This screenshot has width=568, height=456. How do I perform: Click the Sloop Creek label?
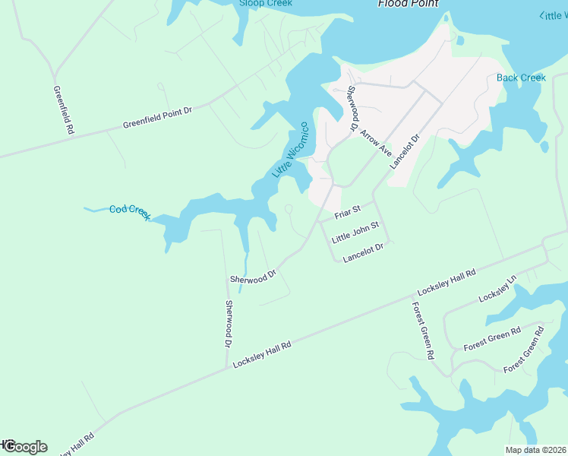point(265,3)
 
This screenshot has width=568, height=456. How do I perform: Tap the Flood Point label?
point(409,4)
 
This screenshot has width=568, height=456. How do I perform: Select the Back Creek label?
point(521,78)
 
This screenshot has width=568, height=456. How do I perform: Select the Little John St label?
point(355,232)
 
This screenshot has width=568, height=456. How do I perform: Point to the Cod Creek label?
point(130,212)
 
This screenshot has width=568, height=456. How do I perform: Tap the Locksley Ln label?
point(497,290)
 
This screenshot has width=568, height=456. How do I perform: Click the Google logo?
point(26,447)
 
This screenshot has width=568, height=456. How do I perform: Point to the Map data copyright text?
point(536,450)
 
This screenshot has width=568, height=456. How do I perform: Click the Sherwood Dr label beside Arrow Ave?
point(352,109)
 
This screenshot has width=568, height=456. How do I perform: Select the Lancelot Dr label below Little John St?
point(364,253)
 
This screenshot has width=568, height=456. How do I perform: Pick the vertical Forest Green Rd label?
point(423,331)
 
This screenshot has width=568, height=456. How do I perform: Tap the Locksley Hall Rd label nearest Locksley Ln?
point(447,282)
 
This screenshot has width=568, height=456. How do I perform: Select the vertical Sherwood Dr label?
point(228,325)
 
